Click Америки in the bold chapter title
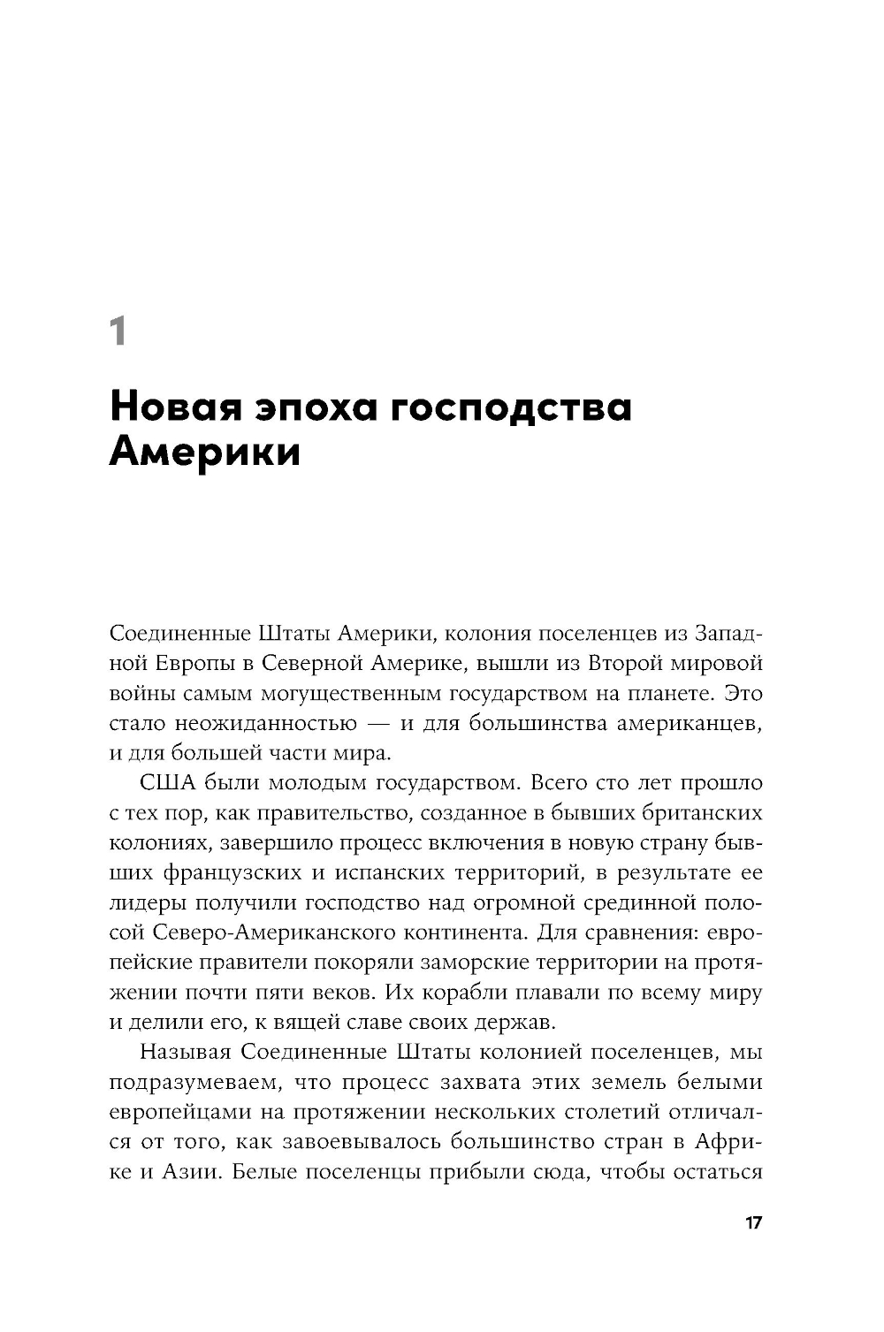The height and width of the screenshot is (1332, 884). coord(205,452)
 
